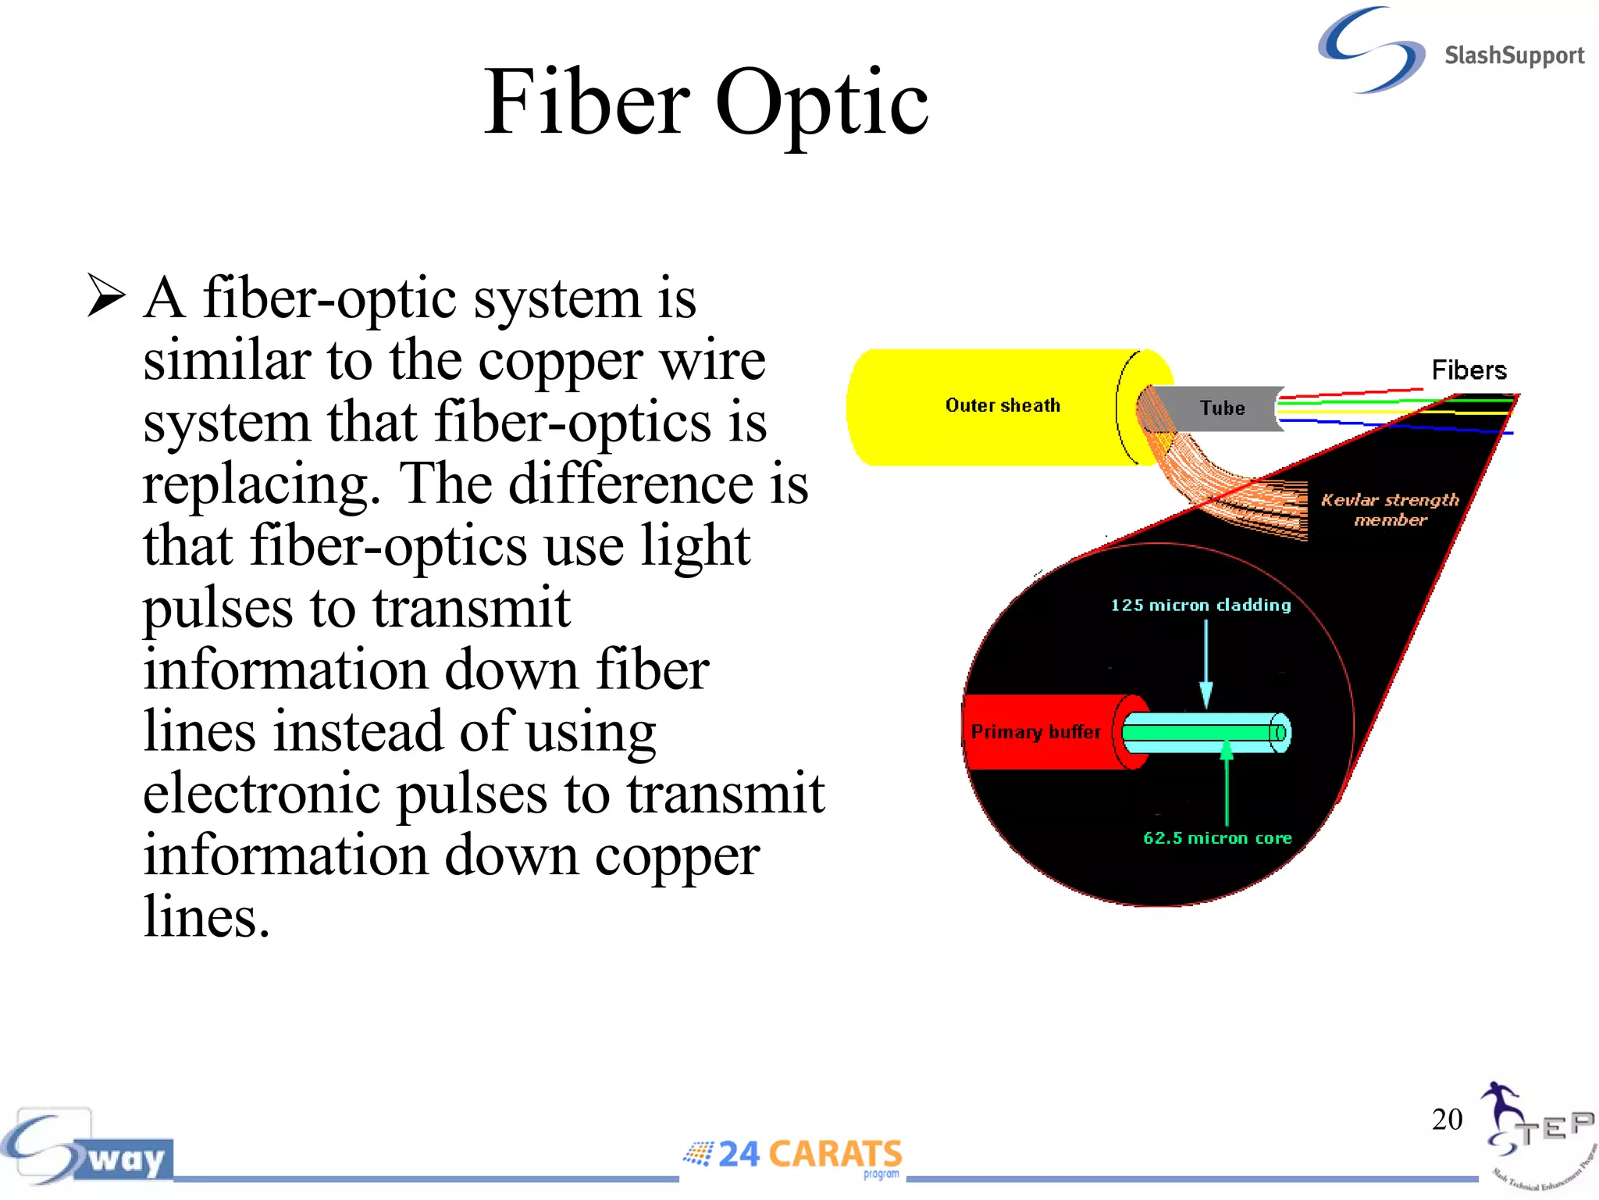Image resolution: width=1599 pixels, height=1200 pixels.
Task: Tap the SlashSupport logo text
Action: [x=1513, y=56]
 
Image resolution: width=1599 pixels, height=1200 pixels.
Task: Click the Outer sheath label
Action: [x=1002, y=405]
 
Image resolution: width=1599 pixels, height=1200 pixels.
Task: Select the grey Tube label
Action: [x=1222, y=408]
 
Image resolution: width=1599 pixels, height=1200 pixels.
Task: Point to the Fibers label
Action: [x=1469, y=370]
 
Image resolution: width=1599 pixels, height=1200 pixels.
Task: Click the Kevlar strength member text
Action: [x=1390, y=509]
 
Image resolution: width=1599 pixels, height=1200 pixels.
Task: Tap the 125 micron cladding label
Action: [x=1201, y=605]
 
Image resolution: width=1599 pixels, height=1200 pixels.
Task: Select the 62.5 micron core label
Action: [x=1217, y=838]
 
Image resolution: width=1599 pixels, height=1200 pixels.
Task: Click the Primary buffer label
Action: [x=1035, y=732]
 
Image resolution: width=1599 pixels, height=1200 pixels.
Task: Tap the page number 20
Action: [x=1447, y=1119]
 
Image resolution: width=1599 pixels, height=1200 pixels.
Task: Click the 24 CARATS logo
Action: [x=793, y=1155]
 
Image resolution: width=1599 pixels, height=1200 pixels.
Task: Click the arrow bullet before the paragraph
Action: [x=106, y=295]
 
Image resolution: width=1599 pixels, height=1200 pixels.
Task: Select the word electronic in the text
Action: [x=262, y=793]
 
